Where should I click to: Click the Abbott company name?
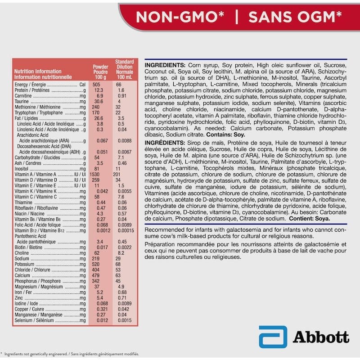(320, 337)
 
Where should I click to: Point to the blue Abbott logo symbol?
(273, 337)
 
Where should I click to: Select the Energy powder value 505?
(96, 85)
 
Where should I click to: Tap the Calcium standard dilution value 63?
(119, 275)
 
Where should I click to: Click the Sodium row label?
(22, 259)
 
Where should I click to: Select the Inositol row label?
(22, 169)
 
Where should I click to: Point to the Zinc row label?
(18, 298)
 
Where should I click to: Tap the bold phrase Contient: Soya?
(310, 219)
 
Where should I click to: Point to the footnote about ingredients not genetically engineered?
(72, 354)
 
